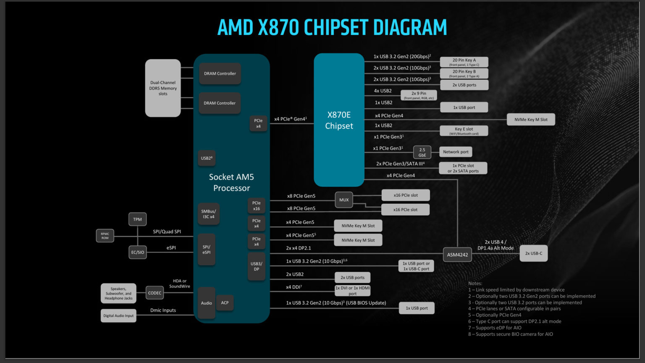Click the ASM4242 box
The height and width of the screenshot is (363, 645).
pyautogui.click(x=457, y=255)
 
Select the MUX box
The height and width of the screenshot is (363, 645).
pyautogui.click(x=344, y=200)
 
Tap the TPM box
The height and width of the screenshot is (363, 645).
pyautogui.click(x=137, y=219)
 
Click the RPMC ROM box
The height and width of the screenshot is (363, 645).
pyautogui.click(x=105, y=236)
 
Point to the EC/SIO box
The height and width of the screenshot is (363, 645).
pyautogui.click(x=137, y=252)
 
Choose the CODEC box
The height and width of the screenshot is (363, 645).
pyautogui.click(x=155, y=293)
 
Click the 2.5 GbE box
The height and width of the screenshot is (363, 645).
pyautogui.click(x=422, y=152)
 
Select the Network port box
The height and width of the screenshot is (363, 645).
pyautogui.click(x=456, y=152)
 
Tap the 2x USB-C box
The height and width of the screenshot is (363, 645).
pyautogui.click(x=533, y=253)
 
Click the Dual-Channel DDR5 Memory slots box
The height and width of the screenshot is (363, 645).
pyautogui.click(x=163, y=88)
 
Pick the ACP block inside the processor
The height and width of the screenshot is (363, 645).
pyautogui.click(x=225, y=302)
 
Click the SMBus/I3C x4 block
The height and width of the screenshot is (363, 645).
pyautogui.click(x=208, y=214)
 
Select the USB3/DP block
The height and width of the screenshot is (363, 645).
pyautogui.click(x=256, y=266)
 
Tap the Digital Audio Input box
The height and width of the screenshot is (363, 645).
pyautogui.click(x=118, y=316)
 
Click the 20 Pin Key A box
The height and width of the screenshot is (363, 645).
pyautogui.click(x=464, y=62)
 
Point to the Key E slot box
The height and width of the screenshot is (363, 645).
pyautogui.click(x=464, y=131)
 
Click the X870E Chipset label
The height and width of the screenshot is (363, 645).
pyautogui.click(x=339, y=120)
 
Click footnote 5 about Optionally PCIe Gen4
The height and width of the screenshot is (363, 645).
pyautogui.click(x=495, y=315)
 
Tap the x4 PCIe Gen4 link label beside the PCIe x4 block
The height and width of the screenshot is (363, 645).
pyautogui.click(x=290, y=119)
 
